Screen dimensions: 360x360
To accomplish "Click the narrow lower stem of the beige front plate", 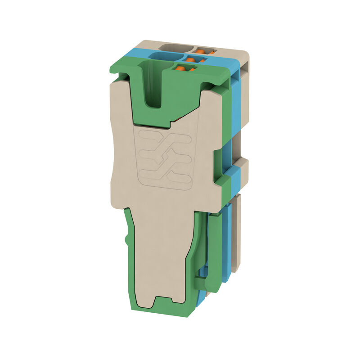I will click(162, 252).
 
